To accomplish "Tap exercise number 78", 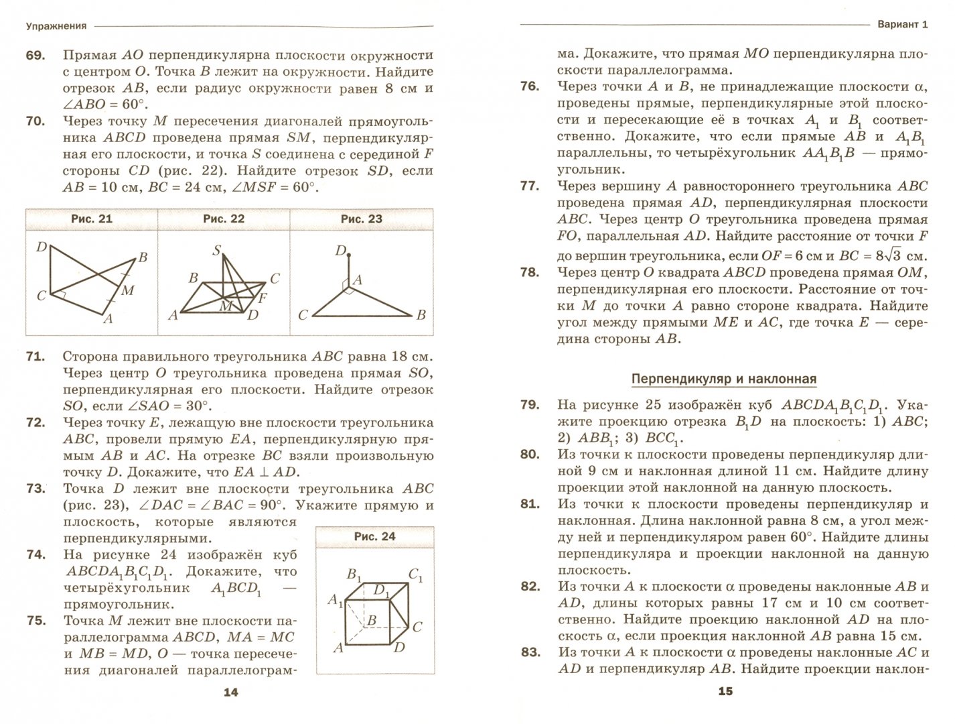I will (529, 272).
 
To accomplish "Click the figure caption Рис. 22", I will (224, 219).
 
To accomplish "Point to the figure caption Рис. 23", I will (361, 219).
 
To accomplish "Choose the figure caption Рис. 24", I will (374, 536).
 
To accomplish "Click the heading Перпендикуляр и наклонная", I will (724, 379).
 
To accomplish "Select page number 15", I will (725, 692).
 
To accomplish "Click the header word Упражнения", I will (56, 26).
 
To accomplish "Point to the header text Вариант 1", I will (902, 25).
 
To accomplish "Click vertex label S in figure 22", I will (216, 251).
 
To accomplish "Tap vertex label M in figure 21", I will (128, 290).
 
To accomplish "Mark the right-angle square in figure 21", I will (60, 296).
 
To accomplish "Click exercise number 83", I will (529, 652).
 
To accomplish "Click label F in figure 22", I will (262, 296).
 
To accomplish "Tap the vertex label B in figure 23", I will (421, 314).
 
